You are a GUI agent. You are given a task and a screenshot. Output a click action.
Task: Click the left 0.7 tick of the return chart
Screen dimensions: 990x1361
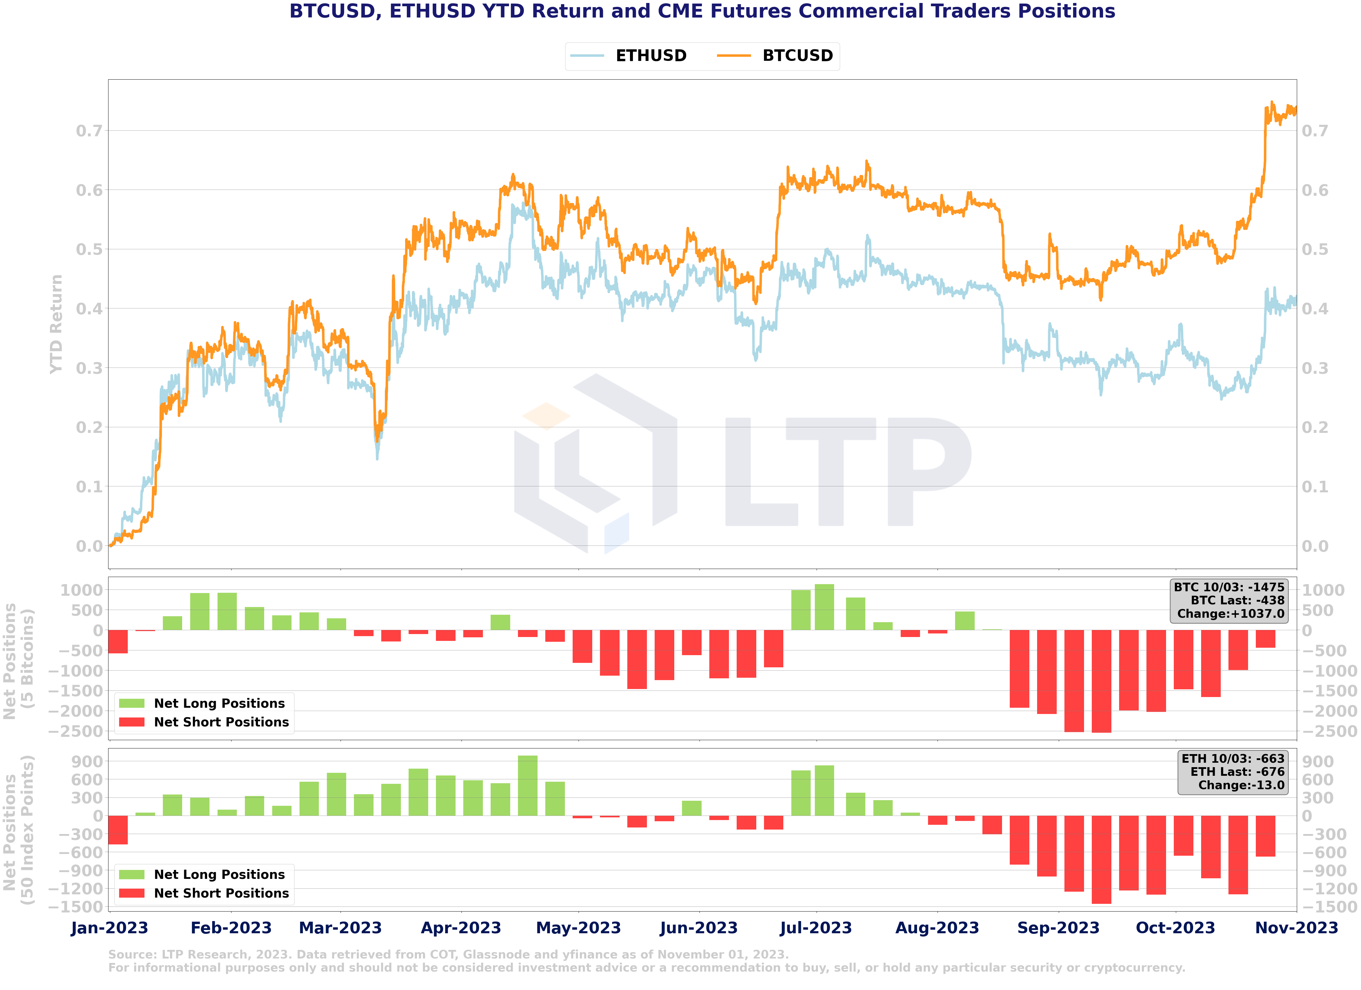coord(89,131)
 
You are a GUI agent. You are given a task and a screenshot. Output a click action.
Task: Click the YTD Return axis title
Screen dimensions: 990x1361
coord(56,324)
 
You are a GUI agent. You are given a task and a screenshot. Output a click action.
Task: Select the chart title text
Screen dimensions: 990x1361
coord(702,11)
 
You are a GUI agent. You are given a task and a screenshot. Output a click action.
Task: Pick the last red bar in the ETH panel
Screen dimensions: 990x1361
coord(1266,836)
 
